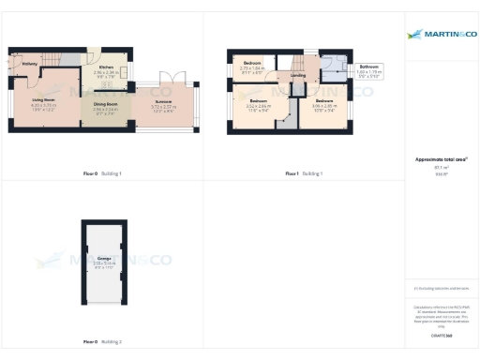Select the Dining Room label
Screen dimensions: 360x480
[105, 104]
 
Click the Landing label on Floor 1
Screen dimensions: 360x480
[298, 75]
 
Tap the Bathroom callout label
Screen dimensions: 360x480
[368, 67]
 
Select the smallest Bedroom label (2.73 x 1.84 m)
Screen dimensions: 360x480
[251, 64]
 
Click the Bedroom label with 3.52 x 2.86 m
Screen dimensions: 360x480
[258, 100]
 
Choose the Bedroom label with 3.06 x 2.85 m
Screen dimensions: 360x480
[323, 100]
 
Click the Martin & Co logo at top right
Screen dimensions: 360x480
[441, 35]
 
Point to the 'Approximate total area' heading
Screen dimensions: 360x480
[441, 159]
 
